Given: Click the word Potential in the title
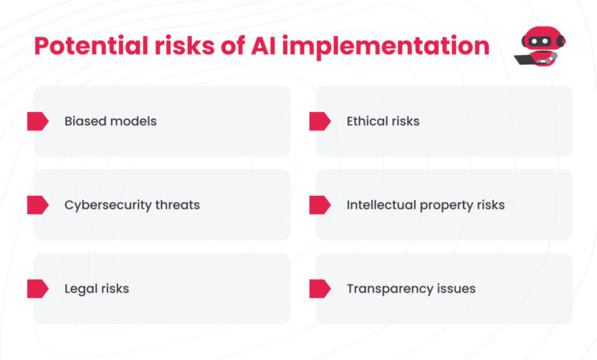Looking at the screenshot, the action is click(91, 47).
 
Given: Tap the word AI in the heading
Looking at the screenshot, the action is click(263, 46).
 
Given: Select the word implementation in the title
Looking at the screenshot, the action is click(386, 47).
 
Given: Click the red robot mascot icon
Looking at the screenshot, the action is click(540, 46).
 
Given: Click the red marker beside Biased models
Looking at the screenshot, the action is click(37, 121).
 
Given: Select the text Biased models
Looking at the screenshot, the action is click(110, 121).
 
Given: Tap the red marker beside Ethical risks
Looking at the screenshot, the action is click(319, 121).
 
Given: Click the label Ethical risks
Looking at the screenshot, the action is click(383, 121).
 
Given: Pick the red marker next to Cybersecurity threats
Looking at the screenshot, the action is click(37, 205).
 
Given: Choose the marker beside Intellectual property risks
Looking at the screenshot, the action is click(319, 205).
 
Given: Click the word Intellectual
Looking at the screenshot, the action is click(382, 205).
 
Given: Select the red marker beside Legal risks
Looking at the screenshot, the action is click(37, 288).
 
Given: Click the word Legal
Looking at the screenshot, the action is click(80, 289).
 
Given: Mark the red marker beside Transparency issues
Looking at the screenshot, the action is click(319, 288).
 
